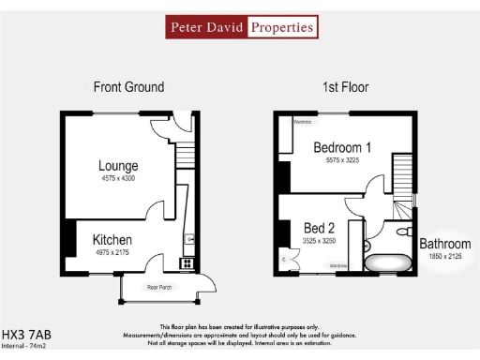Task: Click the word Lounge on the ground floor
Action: click(x=118, y=167)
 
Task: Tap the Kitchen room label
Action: click(x=112, y=240)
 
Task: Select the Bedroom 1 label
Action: click(x=342, y=147)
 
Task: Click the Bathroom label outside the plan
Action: click(x=444, y=244)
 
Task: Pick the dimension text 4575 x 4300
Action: click(x=118, y=179)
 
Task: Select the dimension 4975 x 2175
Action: click(x=112, y=252)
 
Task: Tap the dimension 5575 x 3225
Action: click(x=342, y=159)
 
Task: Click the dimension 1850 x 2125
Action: click(x=444, y=255)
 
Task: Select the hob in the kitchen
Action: click(x=187, y=262)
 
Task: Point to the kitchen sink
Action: click(x=188, y=241)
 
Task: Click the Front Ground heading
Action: click(x=128, y=87)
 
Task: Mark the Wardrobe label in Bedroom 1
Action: click(x=302, y=122)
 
